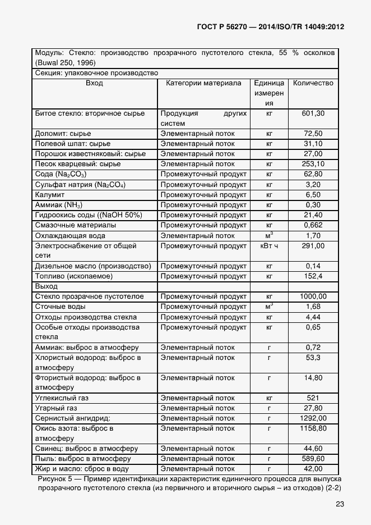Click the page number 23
(x=339, y=504)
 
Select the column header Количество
(x=313, y=83)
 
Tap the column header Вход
(x=94, y=83)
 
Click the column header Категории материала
(x=203, y=83)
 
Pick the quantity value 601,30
(x=313, y=113)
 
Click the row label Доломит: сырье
(x=63, y=134)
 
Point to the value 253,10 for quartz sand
(x=313, y=164)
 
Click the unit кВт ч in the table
(x=269, y=246)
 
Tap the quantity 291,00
(x=313, y=246)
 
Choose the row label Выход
(x=47, y=286)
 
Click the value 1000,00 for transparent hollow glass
(x=313, y=296)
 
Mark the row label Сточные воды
(x=60, y=307)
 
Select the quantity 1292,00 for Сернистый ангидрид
(x=313, y=418)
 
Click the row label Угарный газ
(x=57, y=408)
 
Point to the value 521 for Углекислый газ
(x=313, y=398)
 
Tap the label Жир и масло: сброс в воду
(x=82, y=469)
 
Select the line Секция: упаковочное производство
(x=96, y=73)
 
